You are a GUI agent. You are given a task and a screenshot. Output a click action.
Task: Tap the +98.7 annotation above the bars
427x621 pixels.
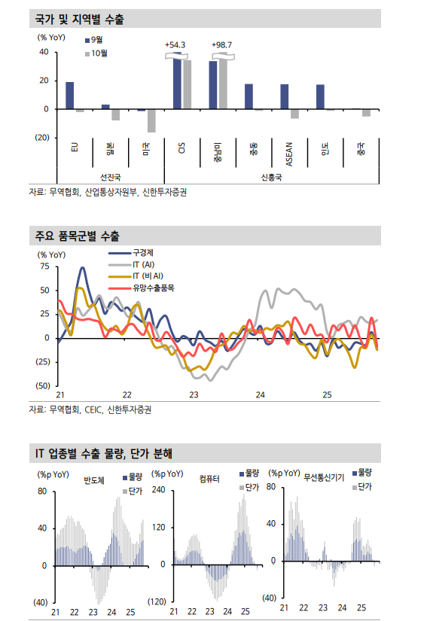pos(222,45)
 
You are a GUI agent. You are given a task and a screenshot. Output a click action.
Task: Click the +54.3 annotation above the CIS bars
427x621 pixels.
pos(175,45)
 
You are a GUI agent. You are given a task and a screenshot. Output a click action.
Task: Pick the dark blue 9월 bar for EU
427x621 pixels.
pos(69,96)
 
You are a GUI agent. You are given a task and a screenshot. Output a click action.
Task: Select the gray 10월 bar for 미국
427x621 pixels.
pos(151,120)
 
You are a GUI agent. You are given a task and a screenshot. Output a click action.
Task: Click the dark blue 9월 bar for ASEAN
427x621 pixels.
pos(284,96)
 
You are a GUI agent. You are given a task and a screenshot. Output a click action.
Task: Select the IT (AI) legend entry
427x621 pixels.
pos(143,264)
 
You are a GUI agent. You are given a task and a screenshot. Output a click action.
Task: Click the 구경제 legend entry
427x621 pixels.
pos(142,252)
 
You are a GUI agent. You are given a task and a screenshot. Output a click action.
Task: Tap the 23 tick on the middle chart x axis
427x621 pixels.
pos(194,394)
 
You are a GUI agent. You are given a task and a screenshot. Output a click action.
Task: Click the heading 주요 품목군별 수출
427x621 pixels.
pos(78,236)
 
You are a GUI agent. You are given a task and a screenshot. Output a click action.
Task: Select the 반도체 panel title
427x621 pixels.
pos(94,479)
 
